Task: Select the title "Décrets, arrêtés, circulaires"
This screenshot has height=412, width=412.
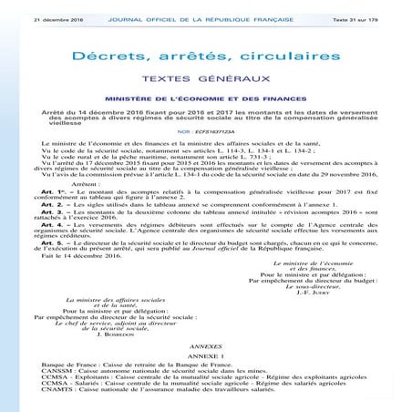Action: (206, 57)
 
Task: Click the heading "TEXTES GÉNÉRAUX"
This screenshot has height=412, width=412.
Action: (206, 80)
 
